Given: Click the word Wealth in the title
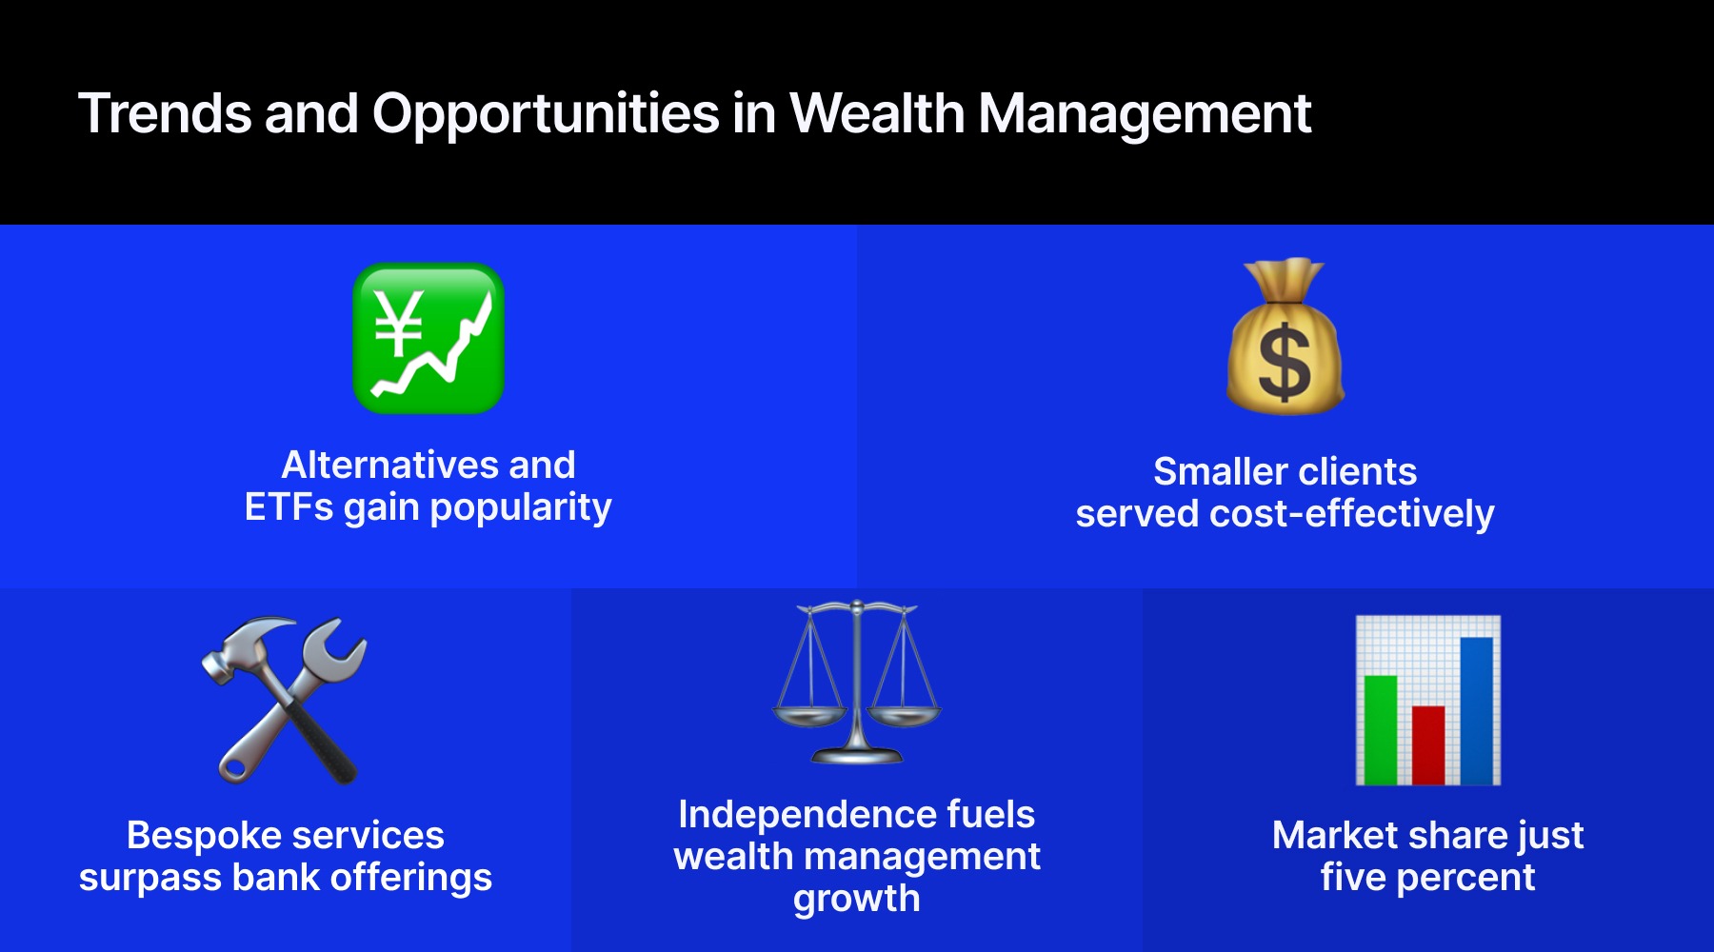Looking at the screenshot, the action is click(x=877, y=113).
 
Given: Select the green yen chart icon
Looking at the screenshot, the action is click(x=428, y=338).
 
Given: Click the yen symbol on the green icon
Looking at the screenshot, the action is click(x=399, y=322).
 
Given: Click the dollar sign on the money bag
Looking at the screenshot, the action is click(x=1285, y=361).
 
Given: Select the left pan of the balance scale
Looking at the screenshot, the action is click(x=809, y=714).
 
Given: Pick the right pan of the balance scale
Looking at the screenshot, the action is click(x=905, y=714).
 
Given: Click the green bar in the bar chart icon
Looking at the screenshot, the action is click(x=1381, y=730).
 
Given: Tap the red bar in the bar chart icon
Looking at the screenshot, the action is click(x=1428, y=745).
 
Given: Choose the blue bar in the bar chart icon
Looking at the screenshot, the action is click(x=1476, y=711).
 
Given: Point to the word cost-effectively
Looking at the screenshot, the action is click(x=1352, y=514).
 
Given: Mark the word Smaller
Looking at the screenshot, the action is click(x=1220, y=472).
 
